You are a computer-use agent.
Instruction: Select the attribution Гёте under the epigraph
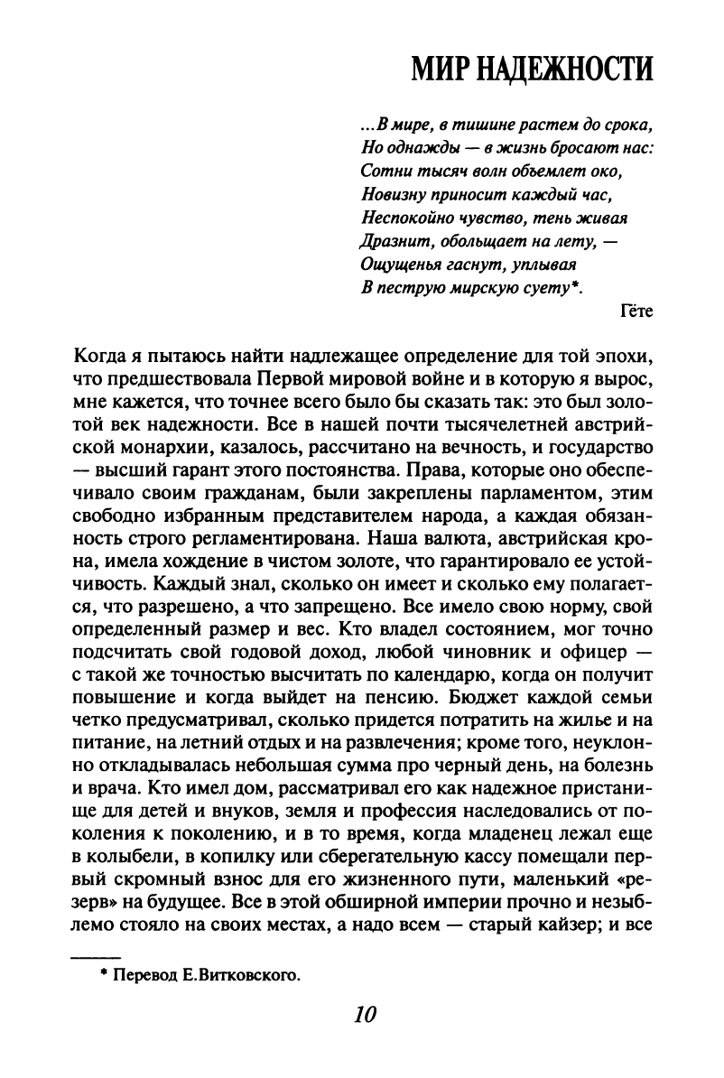point(637,312)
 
